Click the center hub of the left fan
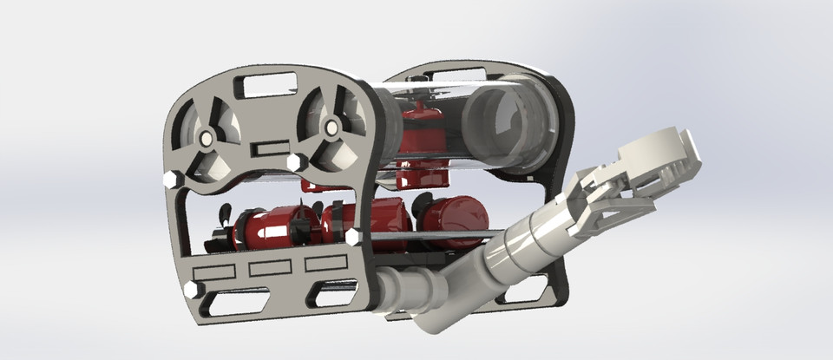point(206,139)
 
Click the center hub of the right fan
point(330,129)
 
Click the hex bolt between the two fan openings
point(294,162)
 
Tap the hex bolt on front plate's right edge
point(353,235)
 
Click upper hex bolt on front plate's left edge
point(170,179)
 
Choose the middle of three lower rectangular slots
point(268,268)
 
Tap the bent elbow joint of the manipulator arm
point(434,308)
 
